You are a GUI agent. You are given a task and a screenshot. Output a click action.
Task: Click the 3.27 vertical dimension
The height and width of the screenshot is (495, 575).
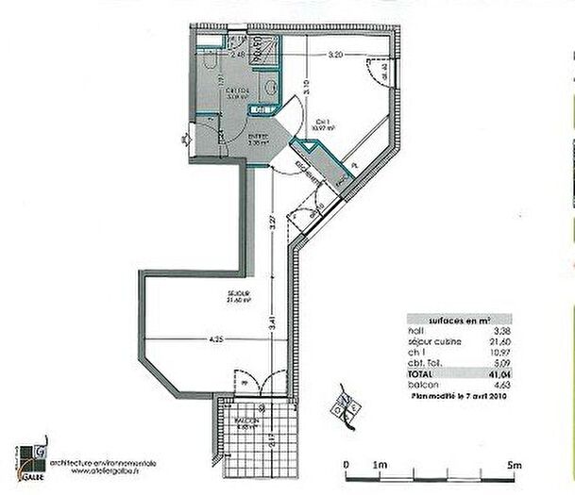tap(272, 225)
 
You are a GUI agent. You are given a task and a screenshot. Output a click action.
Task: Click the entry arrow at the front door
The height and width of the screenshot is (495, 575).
tap(182, 142)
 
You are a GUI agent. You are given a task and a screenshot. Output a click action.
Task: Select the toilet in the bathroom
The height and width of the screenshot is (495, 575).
tap(213, 59)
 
